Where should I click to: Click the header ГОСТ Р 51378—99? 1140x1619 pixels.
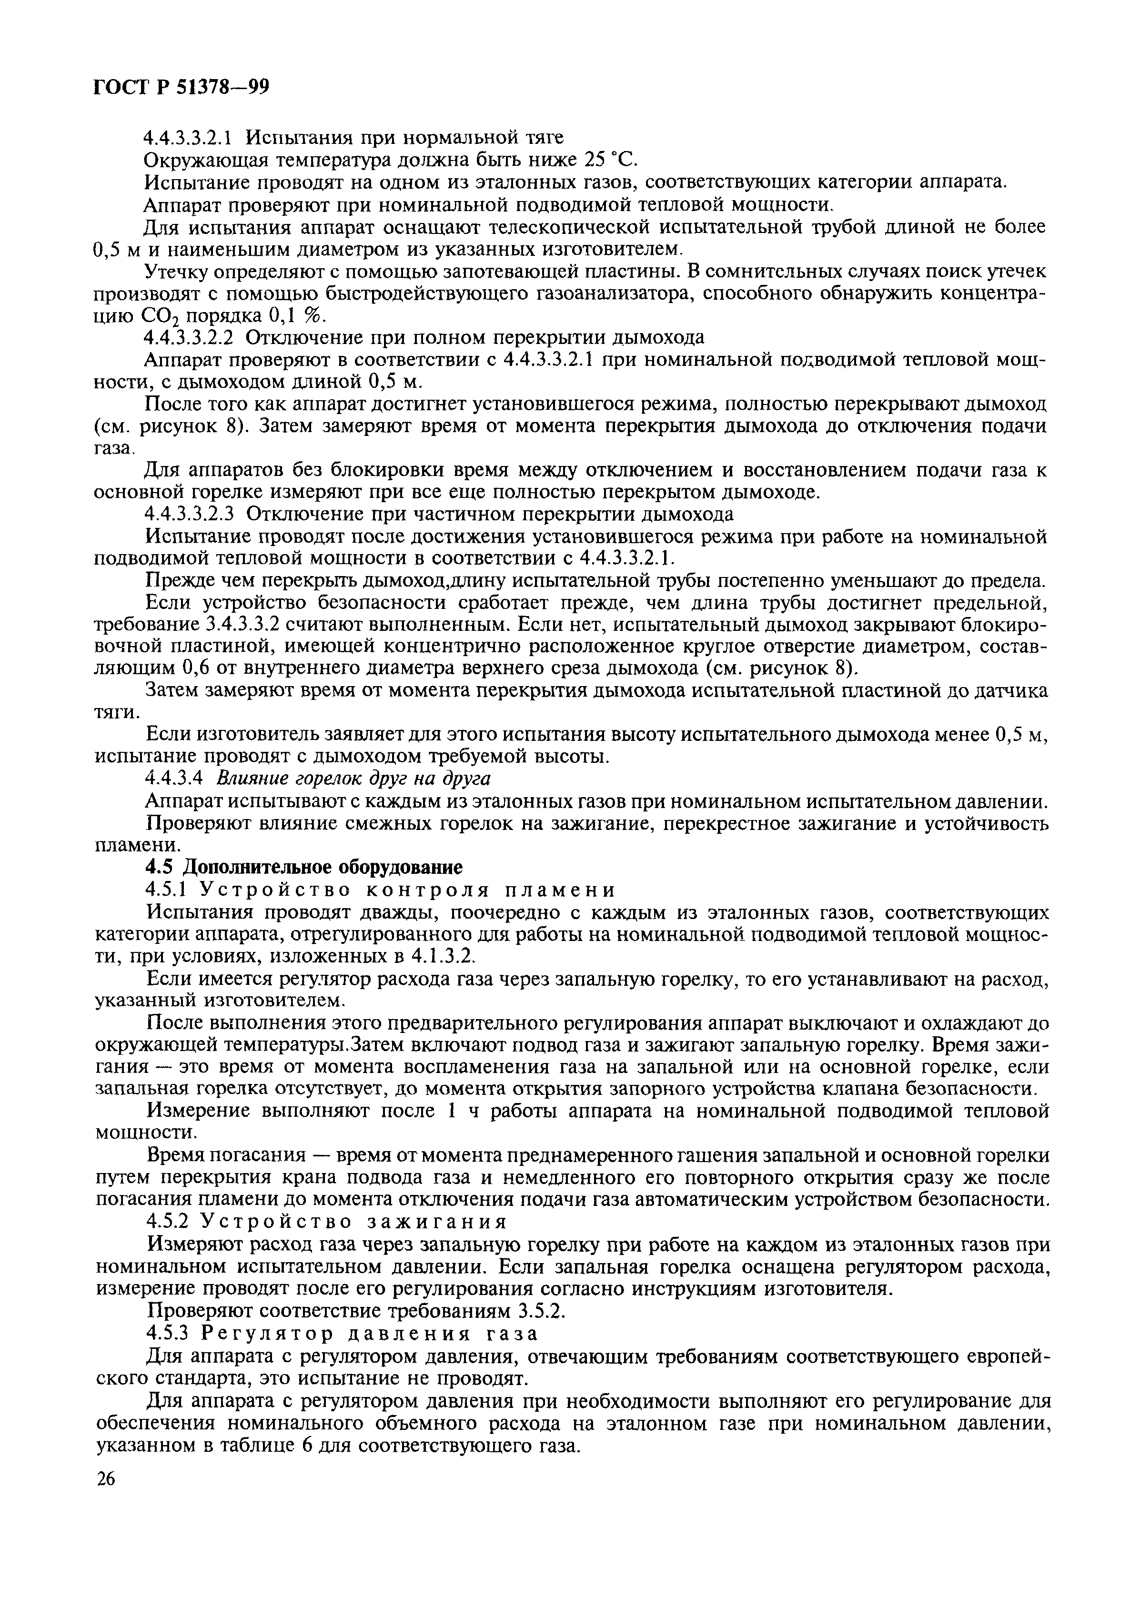pyautogui.click(x=181, y=88)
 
